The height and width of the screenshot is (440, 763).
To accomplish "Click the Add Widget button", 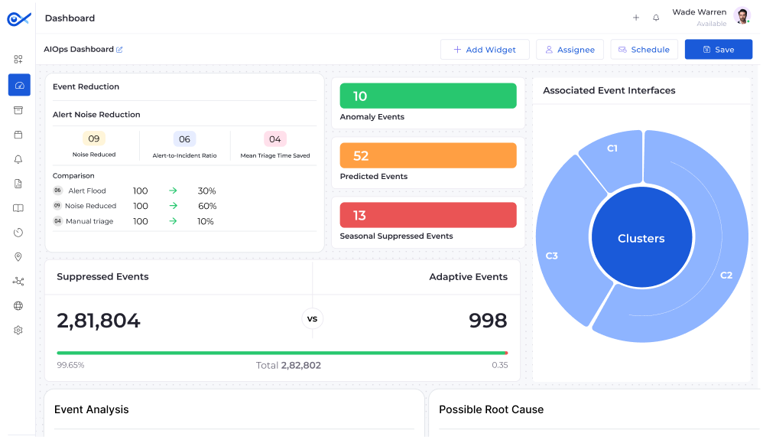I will click(x=485, y=50).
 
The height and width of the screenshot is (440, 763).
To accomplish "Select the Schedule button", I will click(x=644, y=50).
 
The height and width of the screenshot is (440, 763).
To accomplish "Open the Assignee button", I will click(x=570, y=50).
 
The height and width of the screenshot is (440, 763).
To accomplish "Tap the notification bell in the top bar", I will click(x=656, y=18).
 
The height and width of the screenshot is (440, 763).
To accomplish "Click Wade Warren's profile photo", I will click(x=742, y=16).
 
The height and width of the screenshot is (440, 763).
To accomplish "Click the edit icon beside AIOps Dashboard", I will click(x=119, y=50).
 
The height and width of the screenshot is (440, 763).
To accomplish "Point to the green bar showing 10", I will click(x=428, y=96).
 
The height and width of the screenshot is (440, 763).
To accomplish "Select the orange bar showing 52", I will click(x=428, y=155).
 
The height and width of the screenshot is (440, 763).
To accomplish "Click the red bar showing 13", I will click(x=428, y=215).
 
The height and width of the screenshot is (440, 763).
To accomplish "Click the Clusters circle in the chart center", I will click(x=641, y=238).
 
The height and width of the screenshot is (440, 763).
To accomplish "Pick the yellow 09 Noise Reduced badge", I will click(x=94, y=139).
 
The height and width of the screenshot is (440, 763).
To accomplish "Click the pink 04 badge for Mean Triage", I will click(x=275, y=139).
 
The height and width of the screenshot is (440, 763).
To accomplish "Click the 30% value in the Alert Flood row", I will click(x=206, y=191).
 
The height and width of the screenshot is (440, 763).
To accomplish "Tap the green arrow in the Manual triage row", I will click(x=174, y=221).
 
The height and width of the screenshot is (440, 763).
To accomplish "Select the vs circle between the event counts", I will click(x=312, y=318).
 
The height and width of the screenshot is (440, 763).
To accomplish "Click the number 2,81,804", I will click(x=99, y=321).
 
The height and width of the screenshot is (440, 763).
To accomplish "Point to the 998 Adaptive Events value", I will click(x=488, y=321).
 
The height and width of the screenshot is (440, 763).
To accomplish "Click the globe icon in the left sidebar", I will click(x=18, y=306).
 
